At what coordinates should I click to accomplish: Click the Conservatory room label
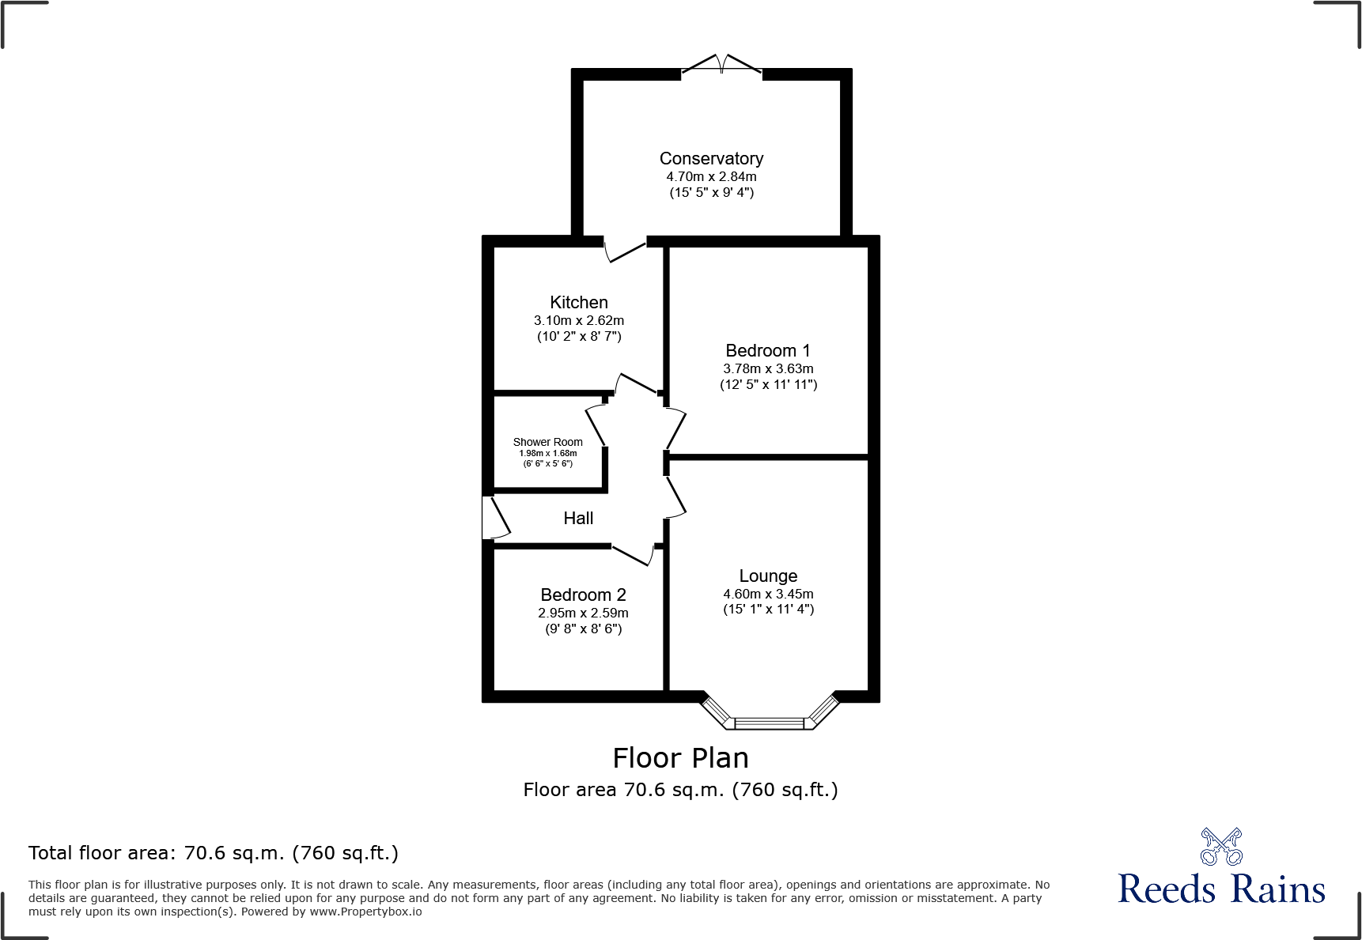[x=711, y=159]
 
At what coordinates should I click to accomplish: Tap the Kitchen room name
[x=579, y=303]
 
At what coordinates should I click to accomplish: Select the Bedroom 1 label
[x=767, y=351]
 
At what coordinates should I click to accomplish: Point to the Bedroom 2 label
[x=583, y=595]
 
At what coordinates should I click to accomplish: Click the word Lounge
[x=768, y=576]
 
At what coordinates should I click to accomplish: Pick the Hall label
[x=578, y=519]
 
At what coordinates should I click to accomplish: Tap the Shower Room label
[x=547, y=442]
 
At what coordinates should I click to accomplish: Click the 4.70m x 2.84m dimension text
[x=711, y=177]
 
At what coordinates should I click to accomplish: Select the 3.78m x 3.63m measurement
[x=768, y=369]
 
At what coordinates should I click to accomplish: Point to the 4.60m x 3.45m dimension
[x=768, y=595]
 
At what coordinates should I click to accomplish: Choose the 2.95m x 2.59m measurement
[x=583, y=613]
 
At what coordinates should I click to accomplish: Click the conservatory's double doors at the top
[x=721, y=65]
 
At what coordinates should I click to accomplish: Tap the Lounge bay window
[x=770, y=722]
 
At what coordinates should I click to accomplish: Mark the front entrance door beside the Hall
[x=494, y=518]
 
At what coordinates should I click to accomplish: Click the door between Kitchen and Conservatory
[x=626, y=250]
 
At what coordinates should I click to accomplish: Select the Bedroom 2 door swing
[x=633, y=554]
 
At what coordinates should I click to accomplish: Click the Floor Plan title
[x=680, y=758]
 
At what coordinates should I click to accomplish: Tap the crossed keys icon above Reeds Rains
[x=1221, y=847]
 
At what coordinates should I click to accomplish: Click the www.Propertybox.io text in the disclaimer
[x=365, y=912]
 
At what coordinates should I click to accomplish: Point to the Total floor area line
[x=214, y=853]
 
